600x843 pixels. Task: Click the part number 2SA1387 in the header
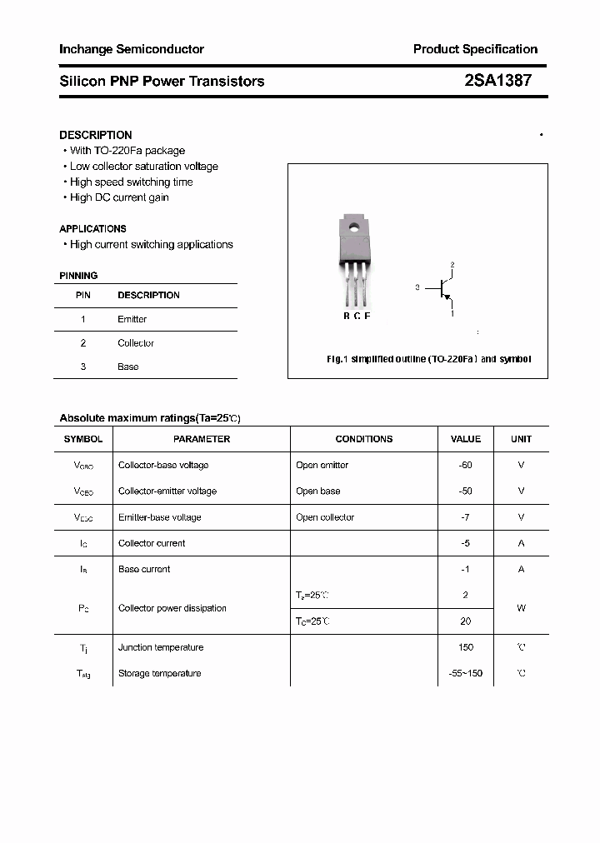point(497,81)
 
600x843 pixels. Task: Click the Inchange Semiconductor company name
point(132,49)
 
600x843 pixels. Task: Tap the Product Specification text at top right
point(475,49)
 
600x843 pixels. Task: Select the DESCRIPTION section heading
point(96,135)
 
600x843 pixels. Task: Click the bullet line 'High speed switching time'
point(131,182)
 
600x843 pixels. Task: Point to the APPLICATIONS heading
point(93,228)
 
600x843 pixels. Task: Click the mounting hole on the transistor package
point(355,225)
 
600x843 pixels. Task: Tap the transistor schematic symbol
point(444,288)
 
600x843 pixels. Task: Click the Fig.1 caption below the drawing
point(428,359)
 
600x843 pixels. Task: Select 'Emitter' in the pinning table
point(132,319)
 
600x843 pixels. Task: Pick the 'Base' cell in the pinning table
point(128,367)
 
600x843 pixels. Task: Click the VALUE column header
point(465,439)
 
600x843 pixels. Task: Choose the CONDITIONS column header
point(363,439)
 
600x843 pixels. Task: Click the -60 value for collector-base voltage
point(465,465)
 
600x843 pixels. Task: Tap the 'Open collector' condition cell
point(325,517)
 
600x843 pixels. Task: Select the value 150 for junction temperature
point(465,647)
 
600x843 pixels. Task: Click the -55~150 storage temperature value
point(465,673)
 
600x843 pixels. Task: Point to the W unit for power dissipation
point(521,608)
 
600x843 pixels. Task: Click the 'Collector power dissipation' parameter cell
point(172,608)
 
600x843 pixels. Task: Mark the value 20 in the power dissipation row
point(465,621)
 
